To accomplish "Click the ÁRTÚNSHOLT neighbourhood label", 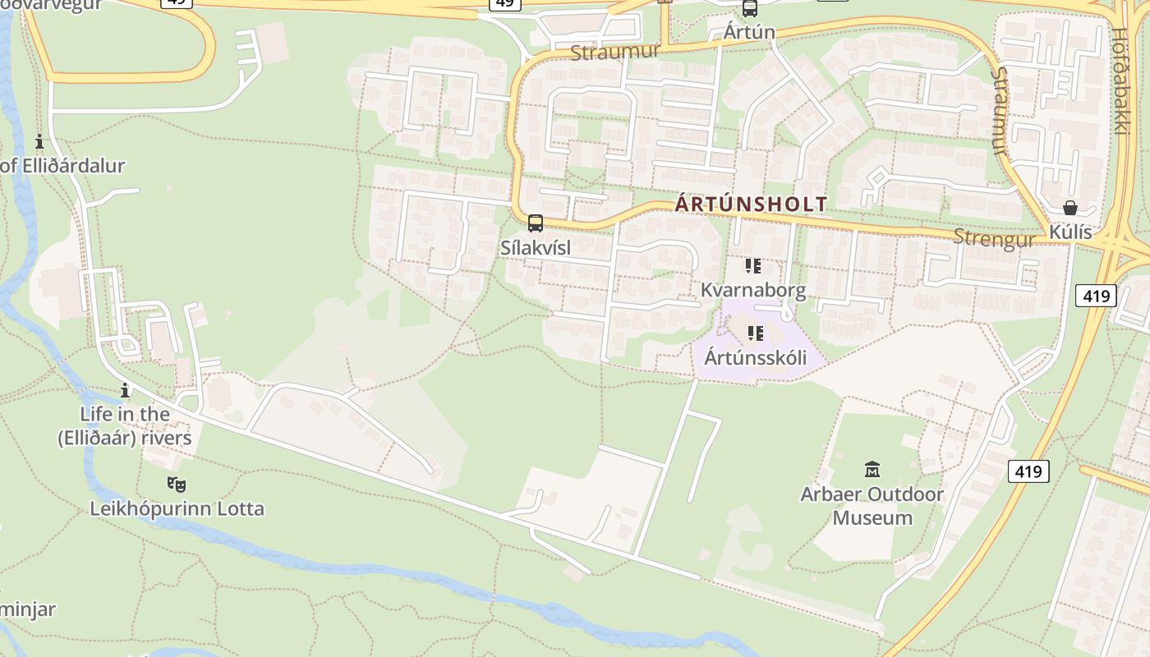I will coord(751,204).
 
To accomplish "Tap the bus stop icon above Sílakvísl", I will coord(536,223).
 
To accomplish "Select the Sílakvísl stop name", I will coord(536,246).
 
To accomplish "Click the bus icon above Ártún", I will coord(749,9).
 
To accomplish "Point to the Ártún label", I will coord(749,32).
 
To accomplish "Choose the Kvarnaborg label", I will coord(753,290).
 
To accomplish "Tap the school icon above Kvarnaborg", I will coord(753,266).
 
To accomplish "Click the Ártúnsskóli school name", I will coord(755,357).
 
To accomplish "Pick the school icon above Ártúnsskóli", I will coord(755,333).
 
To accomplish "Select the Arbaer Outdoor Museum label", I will coord(872,506).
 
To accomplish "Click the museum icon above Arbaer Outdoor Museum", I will coord(872,470).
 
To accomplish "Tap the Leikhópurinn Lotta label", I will coord(177,508).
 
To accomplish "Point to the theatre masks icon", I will coord(176,484).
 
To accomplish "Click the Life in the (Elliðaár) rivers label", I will coord(125,425).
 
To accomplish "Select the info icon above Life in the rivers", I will coord(125,390).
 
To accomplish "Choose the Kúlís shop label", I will coord(1070,232).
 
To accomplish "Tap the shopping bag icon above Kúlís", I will coord(1069,208).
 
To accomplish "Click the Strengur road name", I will coord(994,238).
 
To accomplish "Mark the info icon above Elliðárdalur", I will coord(39,141).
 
